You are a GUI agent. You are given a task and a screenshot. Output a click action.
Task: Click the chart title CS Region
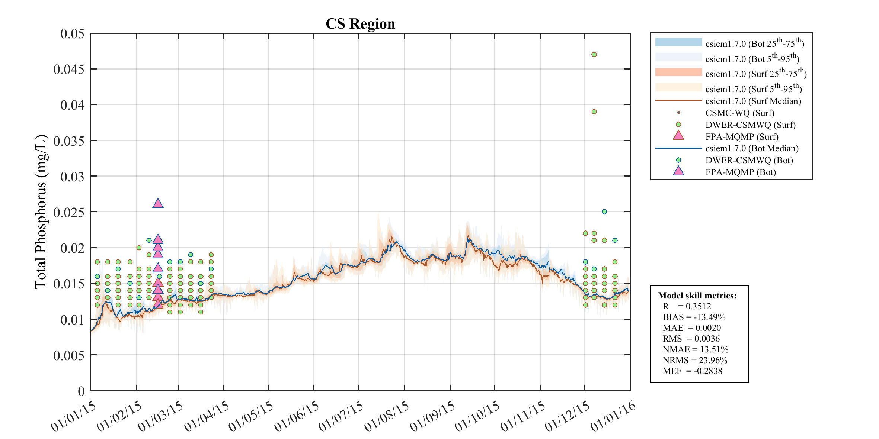360,24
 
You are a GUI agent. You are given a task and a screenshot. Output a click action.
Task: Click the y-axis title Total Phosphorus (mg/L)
41,212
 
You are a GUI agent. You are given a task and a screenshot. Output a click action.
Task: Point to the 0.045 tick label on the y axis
69,70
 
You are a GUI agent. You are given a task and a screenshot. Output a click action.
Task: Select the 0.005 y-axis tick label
69,355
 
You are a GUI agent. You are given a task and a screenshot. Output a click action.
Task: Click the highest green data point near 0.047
594,55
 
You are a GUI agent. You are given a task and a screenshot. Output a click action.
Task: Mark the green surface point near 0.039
594,112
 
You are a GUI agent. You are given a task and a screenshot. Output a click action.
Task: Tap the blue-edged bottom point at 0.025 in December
604,212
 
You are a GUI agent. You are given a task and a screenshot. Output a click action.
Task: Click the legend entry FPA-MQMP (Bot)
740,172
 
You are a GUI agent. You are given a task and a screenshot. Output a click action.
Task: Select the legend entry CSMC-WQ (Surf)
739,113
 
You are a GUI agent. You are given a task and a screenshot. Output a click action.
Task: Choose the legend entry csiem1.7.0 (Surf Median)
753,101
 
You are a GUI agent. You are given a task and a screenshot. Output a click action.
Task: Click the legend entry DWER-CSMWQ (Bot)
749,160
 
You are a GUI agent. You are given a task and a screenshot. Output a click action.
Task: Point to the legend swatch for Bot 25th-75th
678,42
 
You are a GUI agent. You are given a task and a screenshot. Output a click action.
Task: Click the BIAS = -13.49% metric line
694,317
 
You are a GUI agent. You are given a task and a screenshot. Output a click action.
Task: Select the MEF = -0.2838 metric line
692,371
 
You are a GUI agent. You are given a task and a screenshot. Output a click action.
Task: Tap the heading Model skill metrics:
697,296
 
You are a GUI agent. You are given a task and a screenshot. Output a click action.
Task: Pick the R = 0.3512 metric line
687,306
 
